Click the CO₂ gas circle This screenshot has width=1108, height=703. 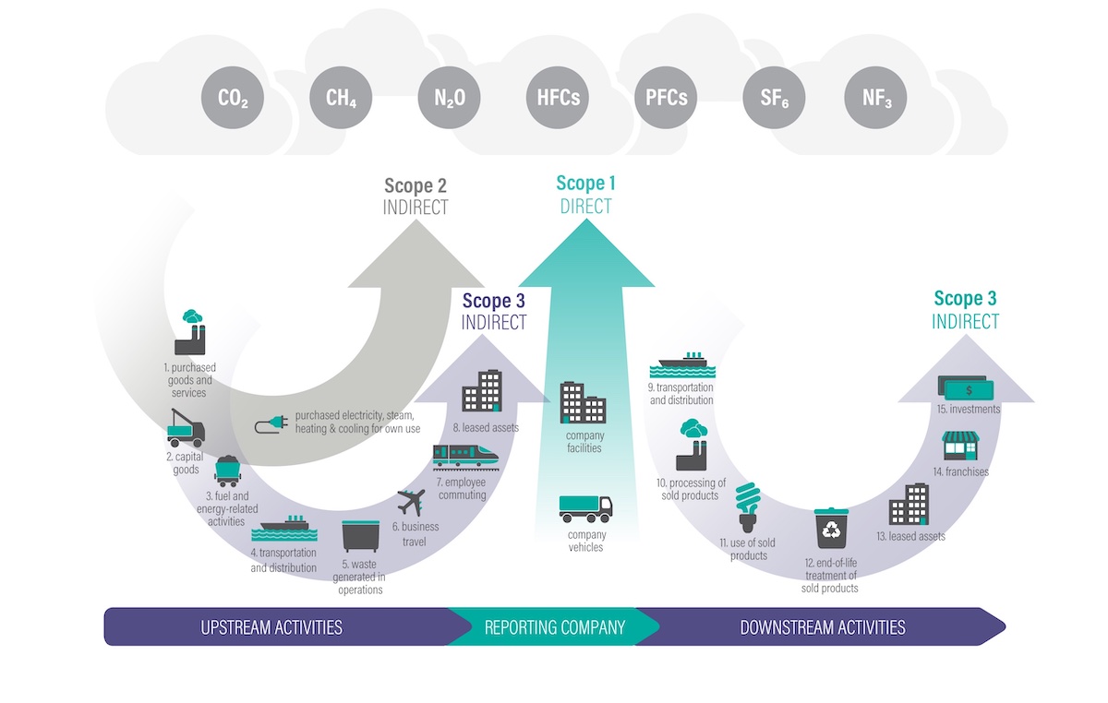pyautogui.click(x=233, y=97)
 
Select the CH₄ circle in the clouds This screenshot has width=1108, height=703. pyautogui.click(x=341, y=97)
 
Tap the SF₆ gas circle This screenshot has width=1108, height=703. pyautogui.click(x=774, y=97)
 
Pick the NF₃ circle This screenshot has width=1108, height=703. pyautogui.click(x=875, y=97)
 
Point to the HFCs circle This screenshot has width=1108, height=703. pyautogui.click(x=558, y=97)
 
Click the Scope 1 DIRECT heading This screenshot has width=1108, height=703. pyautogui.click(x=585, y=195)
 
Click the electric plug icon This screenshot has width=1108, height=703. pyautogui.click(x=271, y=424)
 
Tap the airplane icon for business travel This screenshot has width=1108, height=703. pyautogui.click(x=411, y=504)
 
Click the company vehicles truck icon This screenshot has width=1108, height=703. pyautogui.click(x=585, y=507)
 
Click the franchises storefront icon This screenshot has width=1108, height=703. pyautogui.click(x=959, y=447)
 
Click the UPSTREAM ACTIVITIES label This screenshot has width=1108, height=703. pyautogui.click(x=271, y=627)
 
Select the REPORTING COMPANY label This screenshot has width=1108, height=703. pyautogui.click(x=554, y=627)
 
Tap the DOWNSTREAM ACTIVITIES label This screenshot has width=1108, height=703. pyautogui.click(x=822, y=627)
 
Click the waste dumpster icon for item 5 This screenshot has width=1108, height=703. pyautogui.click(x=361, y=537)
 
